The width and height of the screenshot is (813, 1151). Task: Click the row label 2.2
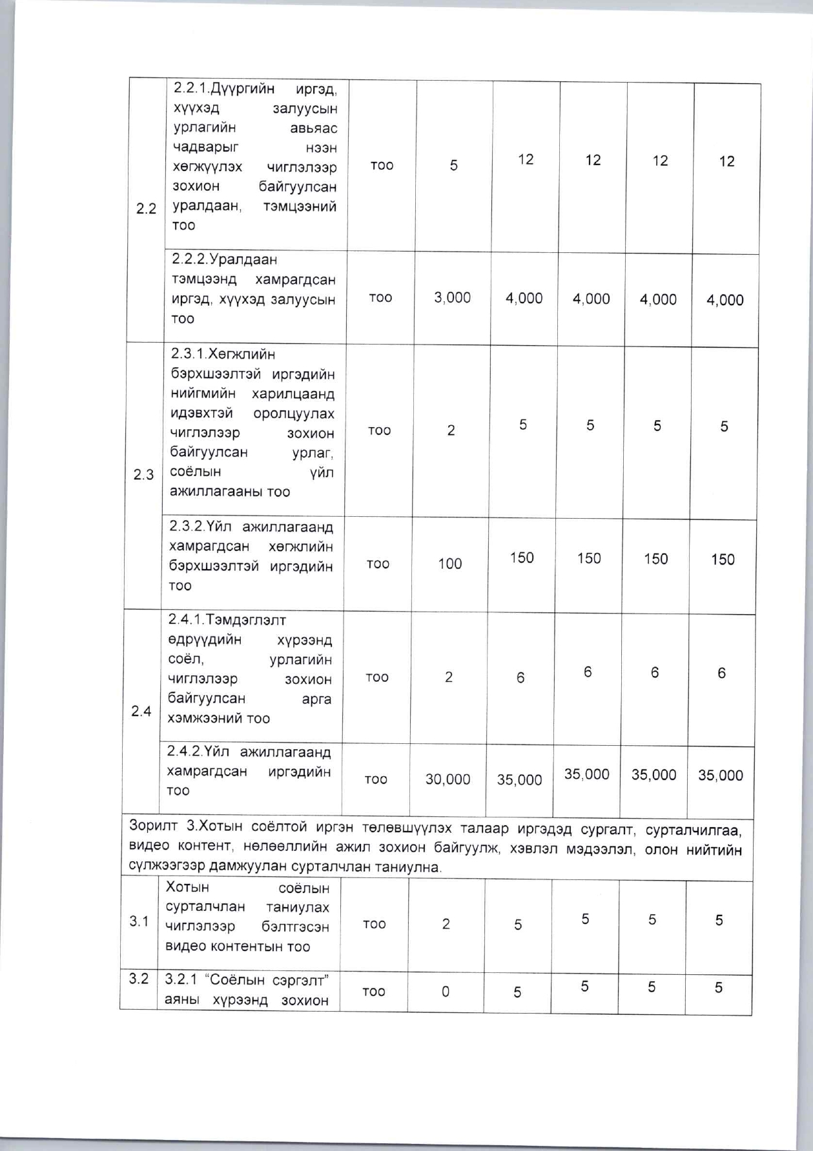pyautogui.click(x=147, y=208)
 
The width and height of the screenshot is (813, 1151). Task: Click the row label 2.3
pyautogui.click(x=143, y=475)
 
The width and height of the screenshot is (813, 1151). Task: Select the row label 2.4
pyautogui.click(x=141, y=711)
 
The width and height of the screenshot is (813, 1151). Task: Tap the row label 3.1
pyautogui.click(x=139, y=921)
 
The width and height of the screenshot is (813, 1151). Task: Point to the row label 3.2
pyautogui.click(x=138, y=979)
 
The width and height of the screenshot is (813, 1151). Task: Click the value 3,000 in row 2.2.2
pyautogui.click(x=452, y=297)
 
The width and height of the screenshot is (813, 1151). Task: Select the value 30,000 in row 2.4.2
pyautogui.click(x=448, y=779)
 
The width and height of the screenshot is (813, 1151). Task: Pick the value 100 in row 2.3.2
pyautogui.click(x=450, y=564)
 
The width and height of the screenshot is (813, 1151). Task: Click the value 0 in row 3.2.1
pyautogui.click(x=446, y=992)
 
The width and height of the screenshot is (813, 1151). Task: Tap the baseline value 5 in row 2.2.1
pyautogui.click(x=454, y=166)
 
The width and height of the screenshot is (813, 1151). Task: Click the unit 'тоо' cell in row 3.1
pyautogui.click(x=375, y=924)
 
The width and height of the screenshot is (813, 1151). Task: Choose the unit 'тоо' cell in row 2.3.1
pyautogui.click(x=379, y=430)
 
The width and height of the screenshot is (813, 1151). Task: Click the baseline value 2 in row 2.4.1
pyautogui.click(x=448, y=677)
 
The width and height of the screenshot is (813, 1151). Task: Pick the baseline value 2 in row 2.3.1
pyautogui.click(x=451, y=430)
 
